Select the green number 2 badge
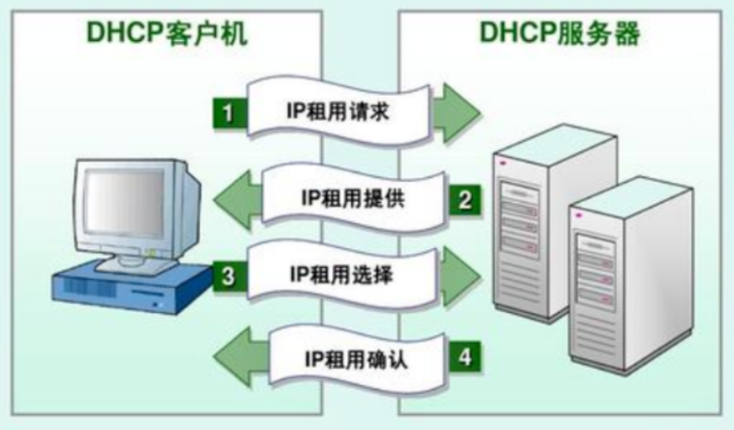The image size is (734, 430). click(465, 199)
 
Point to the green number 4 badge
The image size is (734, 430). click(465, 358)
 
